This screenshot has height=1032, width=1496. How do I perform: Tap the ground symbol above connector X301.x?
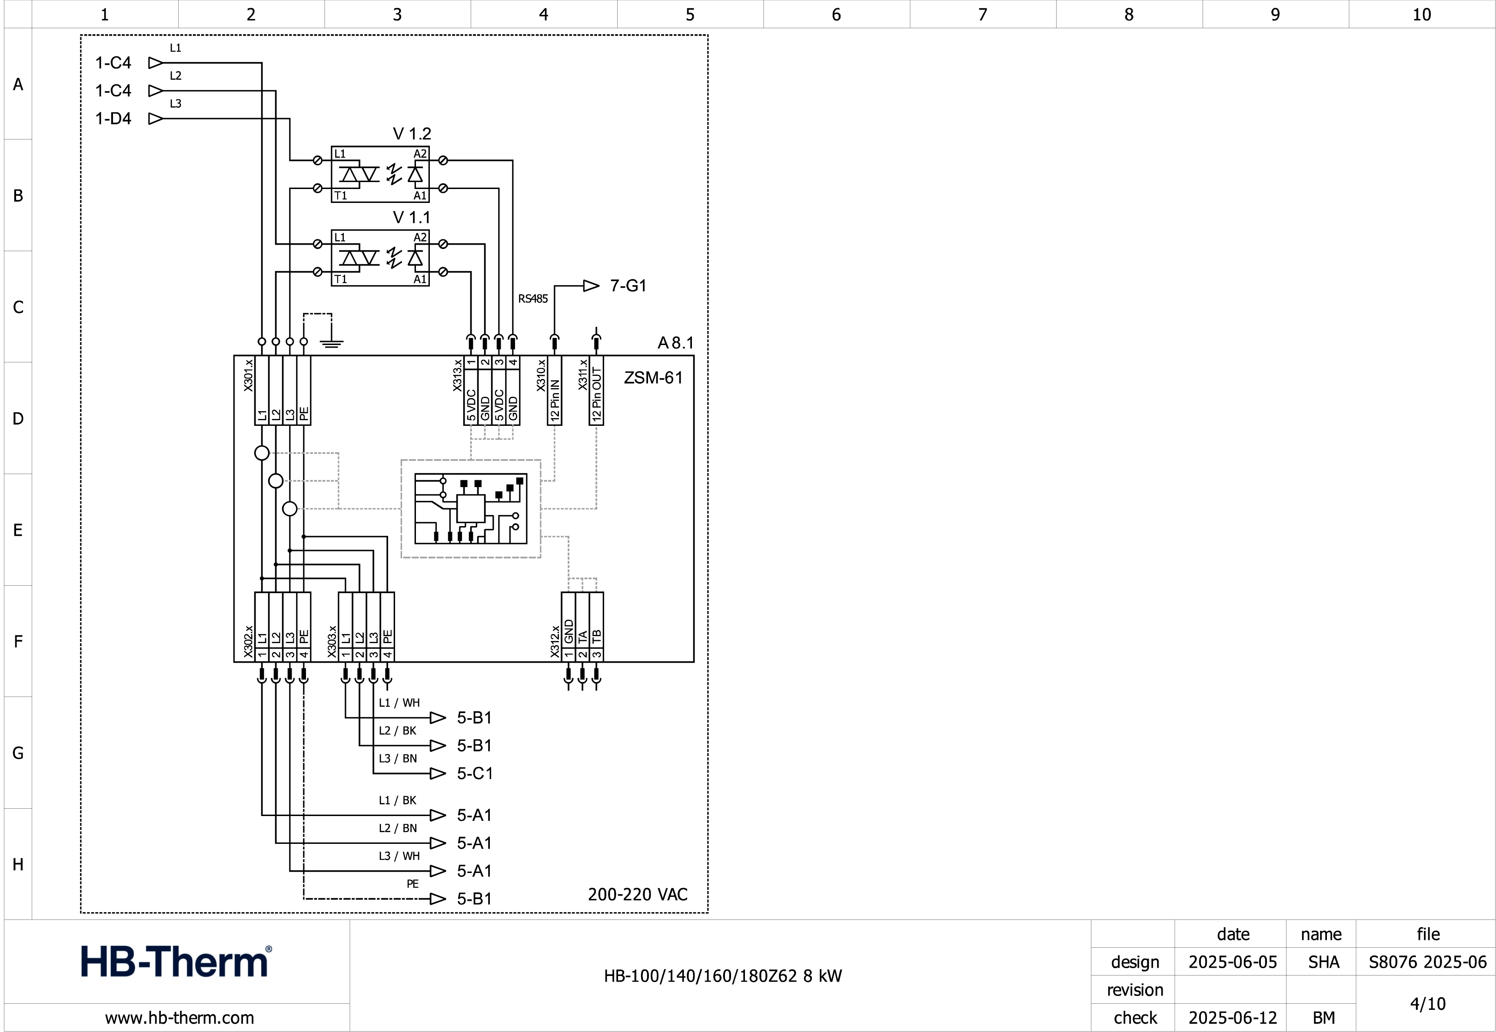331,343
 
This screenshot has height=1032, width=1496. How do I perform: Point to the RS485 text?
532,299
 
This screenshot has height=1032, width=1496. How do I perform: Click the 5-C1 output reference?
475,773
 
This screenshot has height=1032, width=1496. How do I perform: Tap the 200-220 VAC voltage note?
637,894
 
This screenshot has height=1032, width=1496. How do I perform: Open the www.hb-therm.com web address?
179,1018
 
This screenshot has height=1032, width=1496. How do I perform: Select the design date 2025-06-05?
1232,962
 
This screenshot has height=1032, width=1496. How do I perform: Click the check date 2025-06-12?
1232,1018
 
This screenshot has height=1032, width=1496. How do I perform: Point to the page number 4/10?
1427,1004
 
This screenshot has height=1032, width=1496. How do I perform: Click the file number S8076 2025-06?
1427,962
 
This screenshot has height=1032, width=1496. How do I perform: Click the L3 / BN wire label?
398,759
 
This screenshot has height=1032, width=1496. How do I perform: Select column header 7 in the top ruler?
982,14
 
